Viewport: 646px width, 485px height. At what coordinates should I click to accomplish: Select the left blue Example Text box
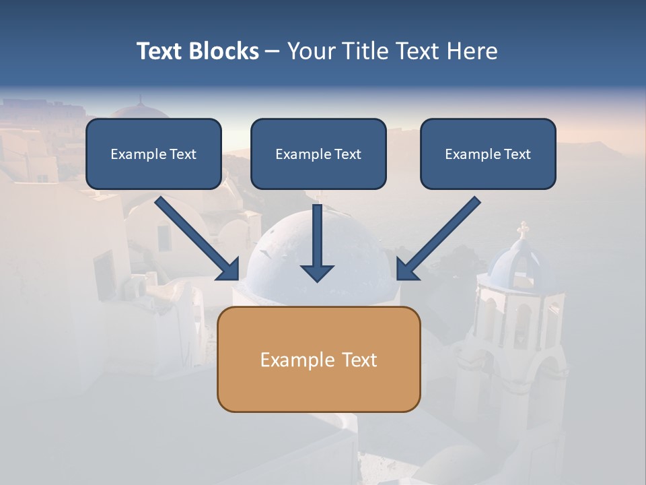point(153,154)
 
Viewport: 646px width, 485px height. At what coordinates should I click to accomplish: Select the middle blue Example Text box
point(318,154)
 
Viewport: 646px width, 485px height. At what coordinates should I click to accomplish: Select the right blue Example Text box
point(488,154)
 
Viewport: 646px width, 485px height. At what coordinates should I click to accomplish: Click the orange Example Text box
point(318,359)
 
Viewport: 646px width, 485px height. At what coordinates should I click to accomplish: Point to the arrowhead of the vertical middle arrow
point(317,273)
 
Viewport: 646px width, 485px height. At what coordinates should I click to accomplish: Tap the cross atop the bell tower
point(523,229)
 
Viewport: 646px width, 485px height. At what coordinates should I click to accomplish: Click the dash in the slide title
point(273,51)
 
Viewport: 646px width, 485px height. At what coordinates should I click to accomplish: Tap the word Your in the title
point(311,51)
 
